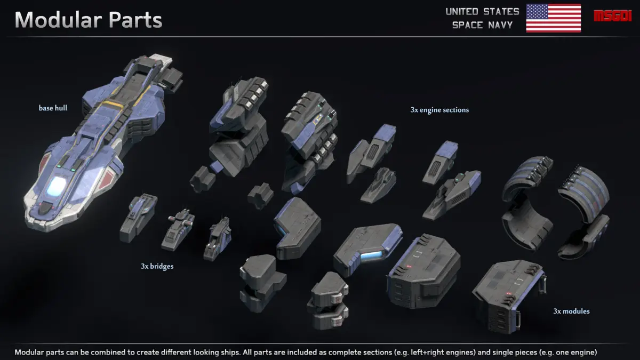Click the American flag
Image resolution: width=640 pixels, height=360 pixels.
click(553, 18)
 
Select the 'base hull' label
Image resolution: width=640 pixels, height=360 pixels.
click(53, 108)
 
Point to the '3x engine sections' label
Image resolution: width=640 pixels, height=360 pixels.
click(439, 110)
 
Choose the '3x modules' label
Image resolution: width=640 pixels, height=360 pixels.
click(571, 311)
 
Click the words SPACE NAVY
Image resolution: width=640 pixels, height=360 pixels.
click(482, 25)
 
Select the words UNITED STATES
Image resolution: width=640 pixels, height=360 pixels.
click(482, 11)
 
